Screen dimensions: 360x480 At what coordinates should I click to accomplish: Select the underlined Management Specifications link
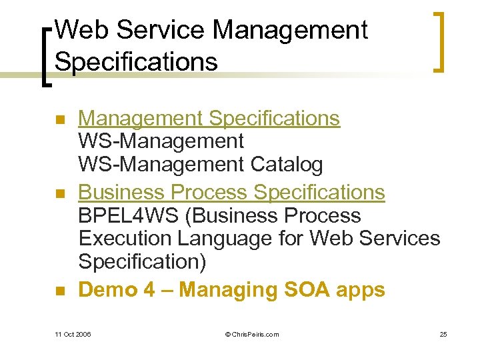pyautogui.click(x=209, y=119)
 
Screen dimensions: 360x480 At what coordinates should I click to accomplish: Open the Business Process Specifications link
pyautogui.click(x=231, y=192)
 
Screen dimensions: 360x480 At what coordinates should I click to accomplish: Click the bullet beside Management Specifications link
pyautogui.click(x=59, y=121)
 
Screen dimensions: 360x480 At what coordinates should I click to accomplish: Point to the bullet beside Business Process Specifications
pyautogui.click(x=59, y=194)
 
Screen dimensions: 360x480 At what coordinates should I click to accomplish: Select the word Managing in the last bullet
pyautogui.click(x=221, y=291)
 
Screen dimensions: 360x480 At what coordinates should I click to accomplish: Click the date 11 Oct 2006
pyautogui.click(x=73, y=334)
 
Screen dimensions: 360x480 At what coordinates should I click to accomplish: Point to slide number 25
pyautogui.click(x=443, y=334)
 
